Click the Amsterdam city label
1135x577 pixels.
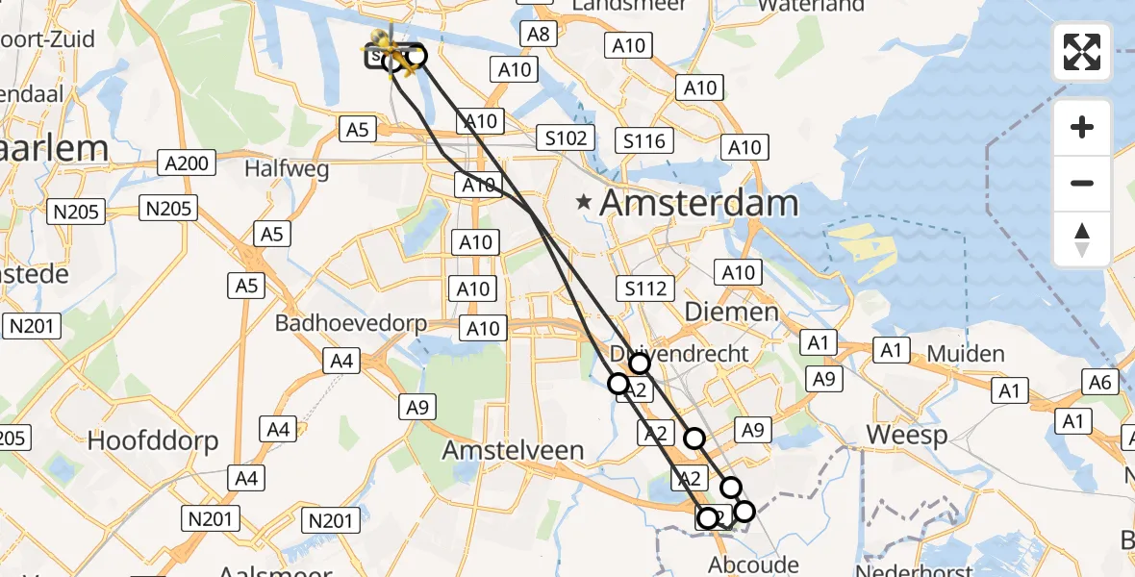[699, 204]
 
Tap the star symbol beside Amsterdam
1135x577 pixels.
[583, 203]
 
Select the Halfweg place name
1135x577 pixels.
[287, 169]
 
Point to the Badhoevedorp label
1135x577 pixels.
[350, 323]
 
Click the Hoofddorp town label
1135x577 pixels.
[153, 441]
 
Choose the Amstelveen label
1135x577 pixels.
[513, 450]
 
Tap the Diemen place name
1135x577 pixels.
[732, 312]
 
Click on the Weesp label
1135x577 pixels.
[907, 435]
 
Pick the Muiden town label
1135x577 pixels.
[966, 354]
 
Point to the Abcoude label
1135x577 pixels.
[753, 564]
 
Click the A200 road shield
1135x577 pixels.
[187, 163]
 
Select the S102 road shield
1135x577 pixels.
[566, 138]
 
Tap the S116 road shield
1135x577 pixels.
[643, 142]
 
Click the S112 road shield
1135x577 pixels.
[645, 288]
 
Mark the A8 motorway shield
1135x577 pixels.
[537, 35]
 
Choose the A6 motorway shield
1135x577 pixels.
[1100, 384]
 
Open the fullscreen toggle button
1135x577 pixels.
[1082, 52]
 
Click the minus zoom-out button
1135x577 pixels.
[1082, 183]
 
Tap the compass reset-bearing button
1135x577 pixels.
[1082, 238]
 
